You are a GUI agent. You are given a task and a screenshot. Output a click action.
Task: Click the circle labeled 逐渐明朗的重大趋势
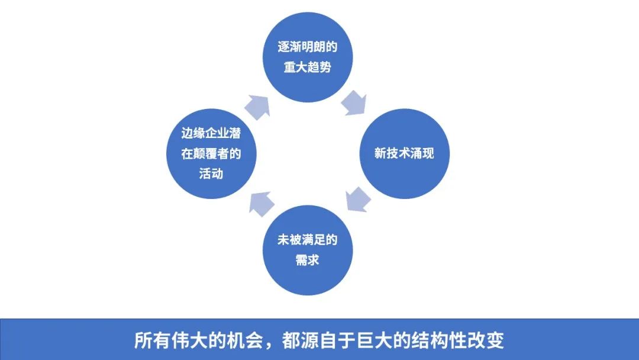point(307,57)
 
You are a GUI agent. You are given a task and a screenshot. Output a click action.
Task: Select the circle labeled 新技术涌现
point(404,154)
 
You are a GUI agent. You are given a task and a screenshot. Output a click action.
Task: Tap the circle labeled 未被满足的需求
point(307,250)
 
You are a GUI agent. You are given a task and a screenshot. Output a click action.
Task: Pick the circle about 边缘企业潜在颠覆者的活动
point(211,154)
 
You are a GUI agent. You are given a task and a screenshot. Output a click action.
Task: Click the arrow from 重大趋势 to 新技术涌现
point(354,103)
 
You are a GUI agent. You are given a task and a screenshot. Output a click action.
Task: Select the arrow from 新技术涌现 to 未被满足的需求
point(358,200)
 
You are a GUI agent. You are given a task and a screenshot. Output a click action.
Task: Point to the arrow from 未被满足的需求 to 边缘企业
point(262,204)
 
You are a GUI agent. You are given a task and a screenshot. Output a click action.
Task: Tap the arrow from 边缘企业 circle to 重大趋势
point(257,107)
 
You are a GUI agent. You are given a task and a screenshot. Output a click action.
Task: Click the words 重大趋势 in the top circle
point(307,67)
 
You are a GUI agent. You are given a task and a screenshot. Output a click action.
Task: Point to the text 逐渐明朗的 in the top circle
point(307,47)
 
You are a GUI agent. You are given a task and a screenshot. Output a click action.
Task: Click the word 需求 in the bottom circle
point(307,260)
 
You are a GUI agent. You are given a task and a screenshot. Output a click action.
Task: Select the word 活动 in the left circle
point(211,173)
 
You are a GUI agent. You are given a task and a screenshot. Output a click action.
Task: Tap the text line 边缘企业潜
point(211,133)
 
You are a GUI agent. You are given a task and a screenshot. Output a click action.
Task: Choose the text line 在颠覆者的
point(211,154)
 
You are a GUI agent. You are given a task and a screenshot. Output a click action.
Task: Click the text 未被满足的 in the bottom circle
point(307,240)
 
